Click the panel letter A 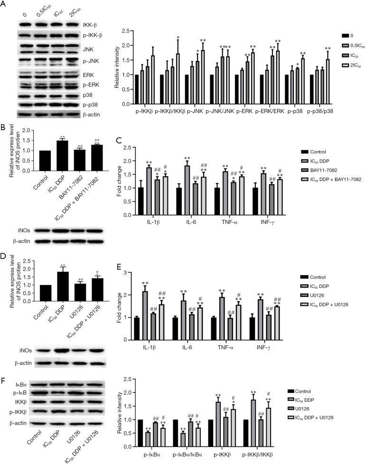pyautogui.click(x=5, y=5)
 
